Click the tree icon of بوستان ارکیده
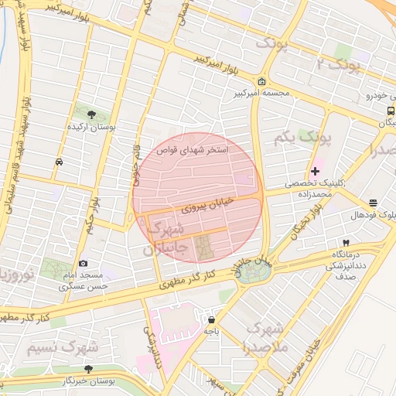tap(92, 114)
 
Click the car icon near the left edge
tap(60, 162)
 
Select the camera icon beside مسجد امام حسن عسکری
tap(83, 264)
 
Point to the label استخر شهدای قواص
tap(193, 150)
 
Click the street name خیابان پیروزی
tap(202, 208)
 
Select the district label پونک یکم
tap(302, 139)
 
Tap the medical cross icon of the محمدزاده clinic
tap(315, 170)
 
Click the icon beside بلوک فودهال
tap(374, 203)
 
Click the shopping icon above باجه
tap(211, 319)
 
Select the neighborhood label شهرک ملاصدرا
tap(266, 337)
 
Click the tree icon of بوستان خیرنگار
tap(88, 369)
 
